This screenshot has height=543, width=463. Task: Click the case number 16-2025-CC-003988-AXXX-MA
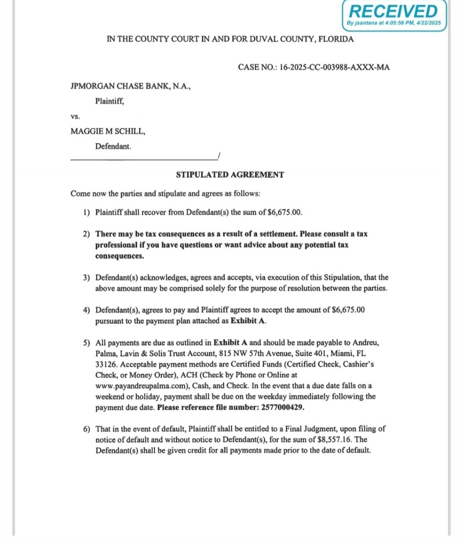coord(334,67)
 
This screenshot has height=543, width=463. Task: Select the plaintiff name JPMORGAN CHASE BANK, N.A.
coord(130,86)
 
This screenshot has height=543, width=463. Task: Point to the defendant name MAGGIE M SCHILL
coord(108,132)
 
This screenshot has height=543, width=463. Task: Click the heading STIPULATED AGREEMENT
coord(230,175)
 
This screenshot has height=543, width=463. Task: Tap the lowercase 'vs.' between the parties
coord(75,117)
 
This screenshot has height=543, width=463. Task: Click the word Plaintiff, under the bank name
coord(110,102)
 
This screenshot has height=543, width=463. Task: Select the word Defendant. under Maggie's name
coord(113,146)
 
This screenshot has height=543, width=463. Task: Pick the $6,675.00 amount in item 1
coord(285,212)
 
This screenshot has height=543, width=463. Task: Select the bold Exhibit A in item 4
coord(248,321)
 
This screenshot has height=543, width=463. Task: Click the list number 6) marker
coord(87,429)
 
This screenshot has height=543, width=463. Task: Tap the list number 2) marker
coord(87,234)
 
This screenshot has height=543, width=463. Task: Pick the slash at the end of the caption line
coord(219,156)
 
